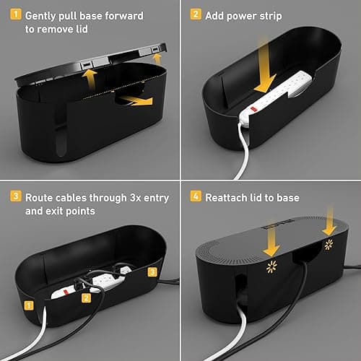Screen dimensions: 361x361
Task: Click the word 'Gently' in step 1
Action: click(x=44, y=15)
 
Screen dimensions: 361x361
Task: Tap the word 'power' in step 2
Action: click(x=248, y=15)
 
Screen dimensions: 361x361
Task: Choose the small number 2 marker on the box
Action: click(x=85, y=297)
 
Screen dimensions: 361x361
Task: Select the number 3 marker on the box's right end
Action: click(x=151, y=272)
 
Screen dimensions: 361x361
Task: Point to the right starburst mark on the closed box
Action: click(x=330, y=262)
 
